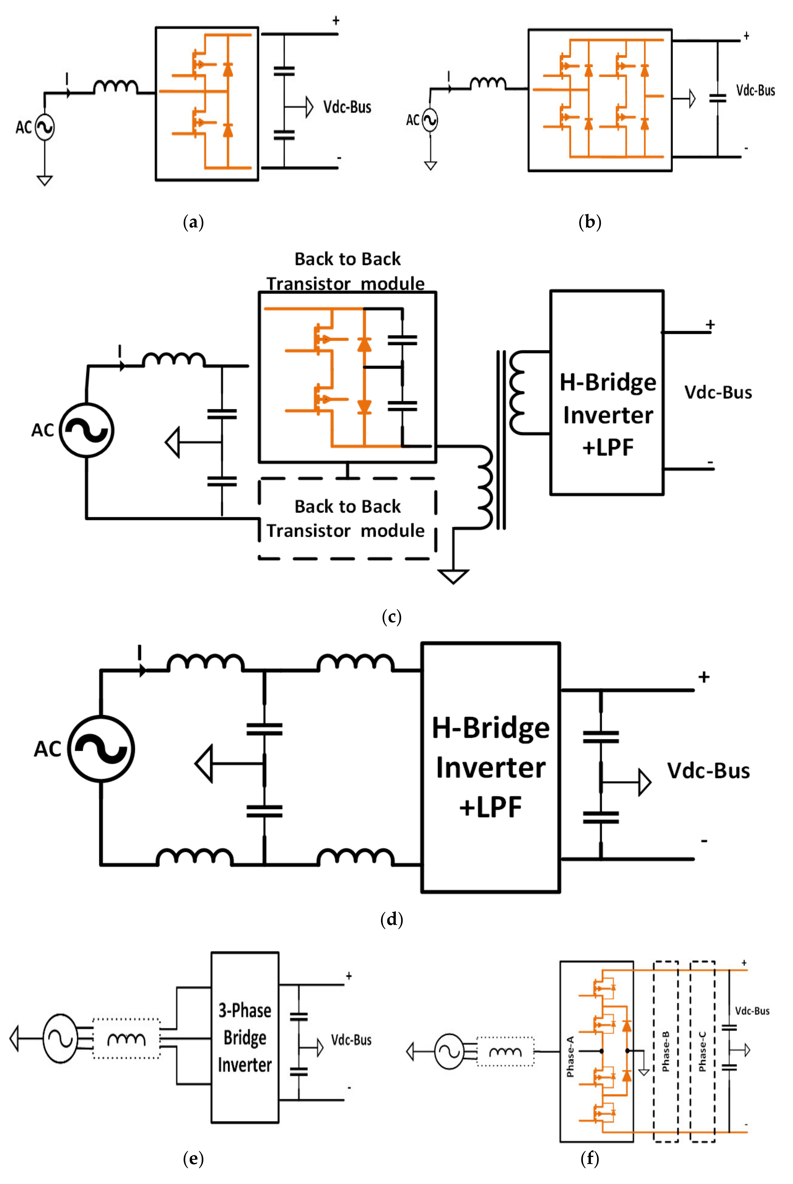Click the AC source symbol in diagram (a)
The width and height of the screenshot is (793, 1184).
pos(45,127)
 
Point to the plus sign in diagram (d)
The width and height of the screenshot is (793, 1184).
pos(704,677)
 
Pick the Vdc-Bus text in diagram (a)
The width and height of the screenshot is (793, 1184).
pos(347,107)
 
